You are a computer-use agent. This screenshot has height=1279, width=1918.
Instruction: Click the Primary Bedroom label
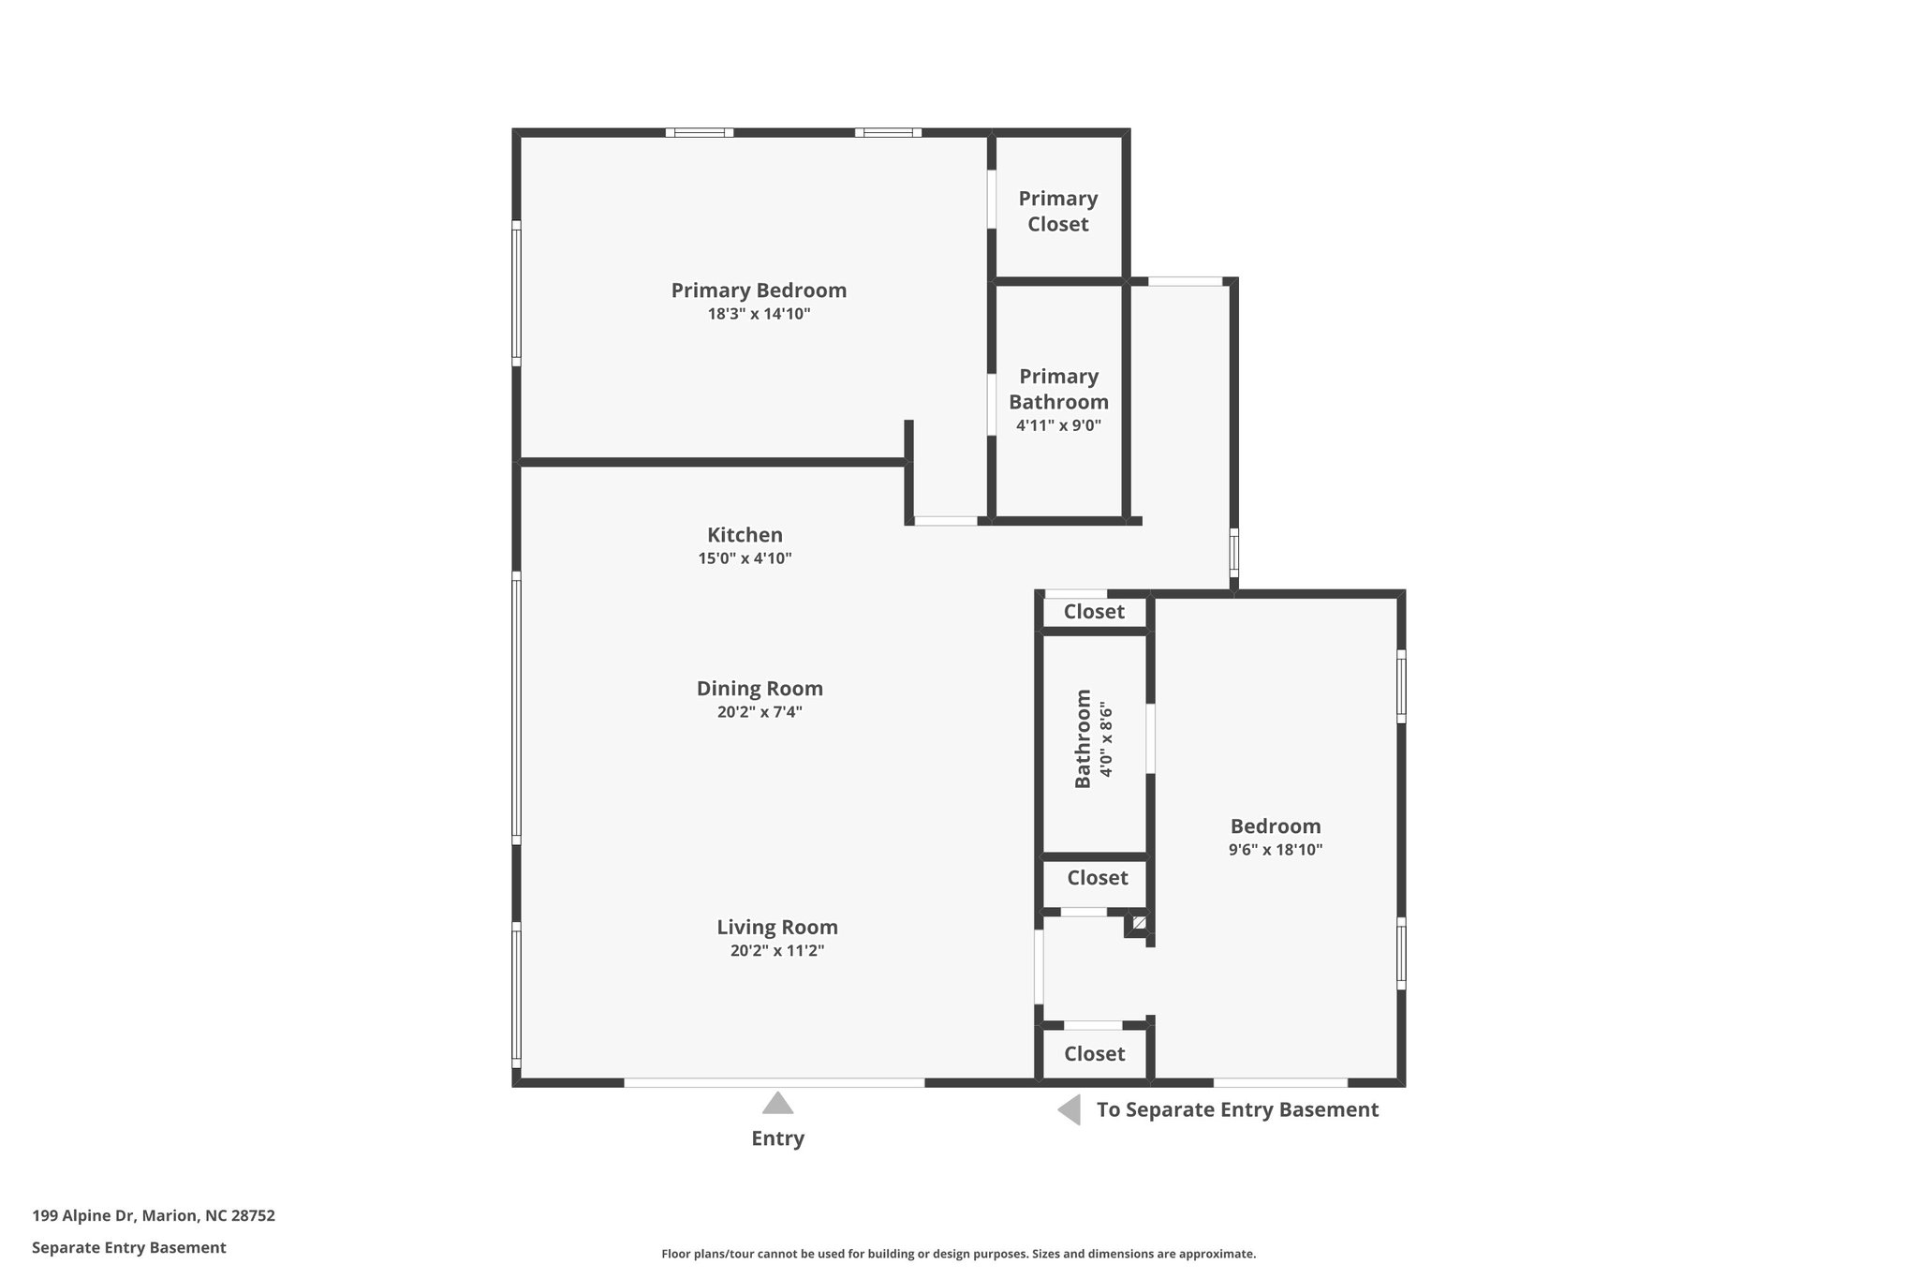pyautogui.click(x=759, y=290)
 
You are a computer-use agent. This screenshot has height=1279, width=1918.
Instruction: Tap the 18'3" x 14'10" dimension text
pyautogui.click(x=759, y=314)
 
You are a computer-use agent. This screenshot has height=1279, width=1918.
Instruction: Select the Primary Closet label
pyautogui.click(x=1058, y=211)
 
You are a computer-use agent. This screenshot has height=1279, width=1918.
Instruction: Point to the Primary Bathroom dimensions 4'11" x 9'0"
pyautogui.click(x=1058, y=425)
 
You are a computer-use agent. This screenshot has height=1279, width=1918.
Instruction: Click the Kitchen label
pyautogui.click(x=745, y=535)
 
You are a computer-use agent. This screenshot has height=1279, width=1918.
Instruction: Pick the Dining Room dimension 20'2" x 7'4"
pyautogui.click(x=760, y=712)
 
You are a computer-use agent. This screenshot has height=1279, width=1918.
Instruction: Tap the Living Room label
pyautogui.click(x=777, y=928)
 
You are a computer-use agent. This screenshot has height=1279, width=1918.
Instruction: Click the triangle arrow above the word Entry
pyautogui.click(x=777, y=1104)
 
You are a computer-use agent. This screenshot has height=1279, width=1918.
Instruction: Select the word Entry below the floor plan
pyautogui.click(x=777, y=1138)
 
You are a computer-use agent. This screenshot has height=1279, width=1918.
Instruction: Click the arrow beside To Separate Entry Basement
pyautogui.click(x=1070, y=1110)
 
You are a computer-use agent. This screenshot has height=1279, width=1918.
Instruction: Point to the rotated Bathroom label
pyautogui.click(x=1083, y=739)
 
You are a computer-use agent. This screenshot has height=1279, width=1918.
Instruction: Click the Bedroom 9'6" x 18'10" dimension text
pyautogui.click(x=1276, y=850)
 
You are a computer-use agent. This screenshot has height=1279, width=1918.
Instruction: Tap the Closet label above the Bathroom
pyautogui.click(x=1094, y=612)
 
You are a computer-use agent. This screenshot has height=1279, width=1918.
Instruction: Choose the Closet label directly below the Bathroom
pyautogui.click(x=1097, y=878)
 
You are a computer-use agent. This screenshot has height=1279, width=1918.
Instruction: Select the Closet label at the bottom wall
pyautogui.click(x=1094, y=1054)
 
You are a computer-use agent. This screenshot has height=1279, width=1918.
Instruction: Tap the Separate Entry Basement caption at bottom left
pyautogui.click(x=129, y=1247)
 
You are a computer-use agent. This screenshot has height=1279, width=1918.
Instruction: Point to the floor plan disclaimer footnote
pyautogui.click(x=958, y=1254)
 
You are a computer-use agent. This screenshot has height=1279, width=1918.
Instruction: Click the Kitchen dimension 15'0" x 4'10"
pyautogui.click(x=745, y=558)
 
